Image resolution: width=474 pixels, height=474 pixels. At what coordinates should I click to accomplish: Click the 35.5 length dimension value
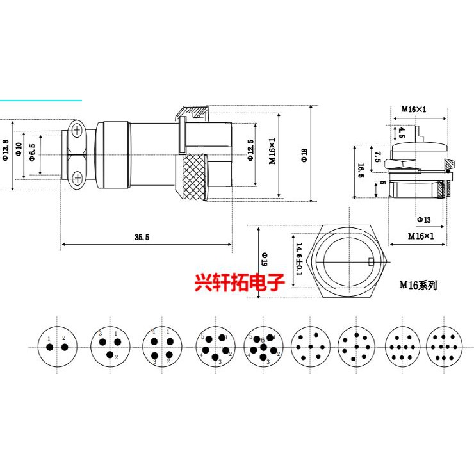click(142, 237)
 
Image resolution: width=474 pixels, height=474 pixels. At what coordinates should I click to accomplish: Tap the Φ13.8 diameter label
click(6, 150)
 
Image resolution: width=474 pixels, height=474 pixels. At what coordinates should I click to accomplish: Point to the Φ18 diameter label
click(304, 154)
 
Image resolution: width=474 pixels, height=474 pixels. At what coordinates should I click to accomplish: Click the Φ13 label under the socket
click(423, 220)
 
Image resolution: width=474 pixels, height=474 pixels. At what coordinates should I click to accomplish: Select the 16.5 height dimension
click(361, 170)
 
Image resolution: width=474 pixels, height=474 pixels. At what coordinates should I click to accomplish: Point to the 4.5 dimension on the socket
click(402, 133)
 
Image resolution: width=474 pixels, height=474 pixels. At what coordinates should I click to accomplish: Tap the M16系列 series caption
click(418, 286)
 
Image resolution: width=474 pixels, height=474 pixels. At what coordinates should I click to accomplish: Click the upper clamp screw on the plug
click(77, 131)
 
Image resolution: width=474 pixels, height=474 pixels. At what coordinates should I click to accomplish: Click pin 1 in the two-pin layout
click(49, 347)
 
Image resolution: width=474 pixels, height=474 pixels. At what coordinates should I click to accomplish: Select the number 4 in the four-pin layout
click(154, 331)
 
